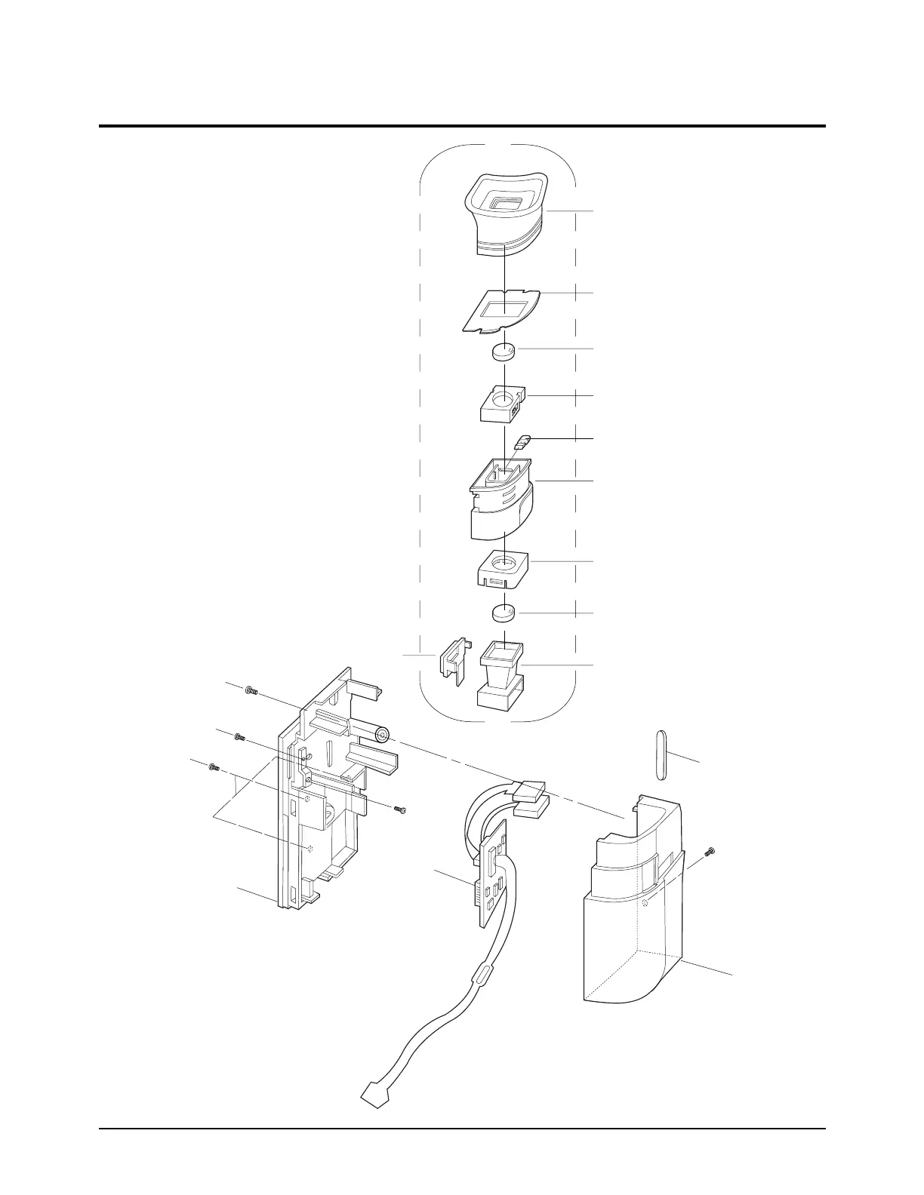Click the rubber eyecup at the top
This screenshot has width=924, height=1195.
504,215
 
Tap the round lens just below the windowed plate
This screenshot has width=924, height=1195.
504,352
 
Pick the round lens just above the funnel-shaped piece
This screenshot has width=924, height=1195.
504,613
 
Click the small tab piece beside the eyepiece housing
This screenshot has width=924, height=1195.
524,439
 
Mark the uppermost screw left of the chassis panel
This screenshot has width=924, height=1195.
251,690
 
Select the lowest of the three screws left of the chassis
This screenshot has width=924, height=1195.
213,767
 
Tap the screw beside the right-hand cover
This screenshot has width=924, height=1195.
709,852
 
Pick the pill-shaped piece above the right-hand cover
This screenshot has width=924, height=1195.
662,756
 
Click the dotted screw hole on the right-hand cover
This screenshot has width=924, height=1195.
644,903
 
